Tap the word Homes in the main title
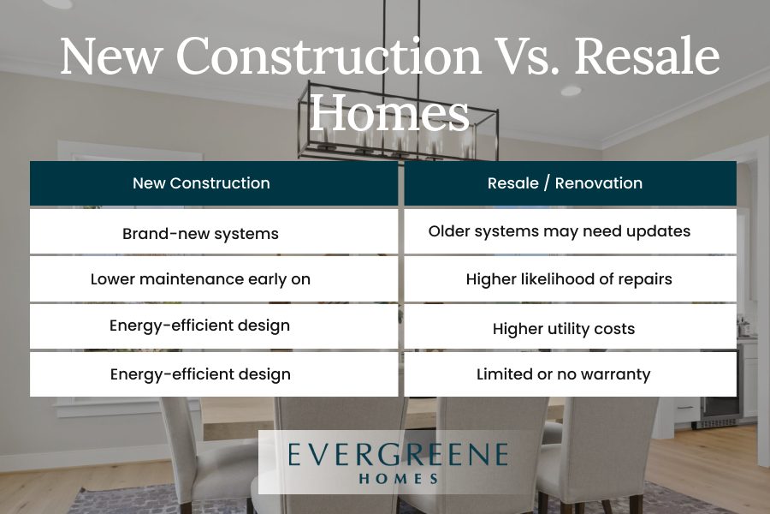coord(389,111)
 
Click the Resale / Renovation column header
coord(570,183)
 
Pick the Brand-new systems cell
coord(214,231)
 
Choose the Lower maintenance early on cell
coord(214,279)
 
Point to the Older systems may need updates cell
coord(570,231)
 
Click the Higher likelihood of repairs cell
coord(570,279)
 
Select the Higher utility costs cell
coord(570,326)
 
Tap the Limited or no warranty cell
coord(570,374)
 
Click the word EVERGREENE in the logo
coord(398,454)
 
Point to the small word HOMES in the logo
coord(398,479)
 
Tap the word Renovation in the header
coord(599,183)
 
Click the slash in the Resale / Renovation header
coord(547,183)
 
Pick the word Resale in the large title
coord(647,56)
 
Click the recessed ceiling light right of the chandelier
coord(572,91)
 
